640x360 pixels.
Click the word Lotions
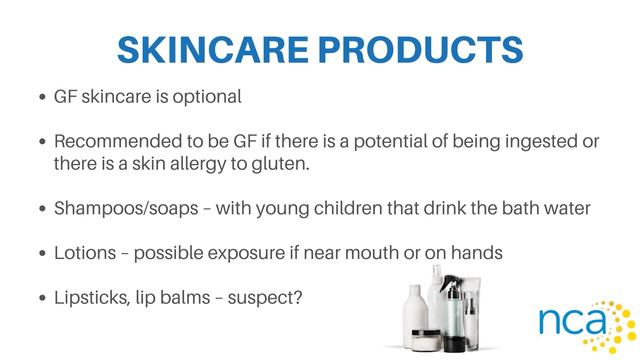83,254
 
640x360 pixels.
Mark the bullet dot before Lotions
41,255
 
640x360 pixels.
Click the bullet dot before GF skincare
41,99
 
